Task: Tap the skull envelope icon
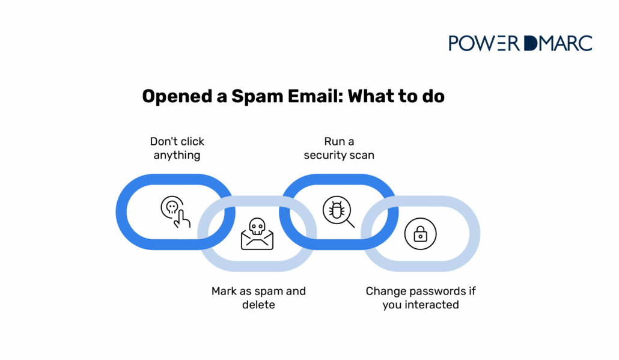tap(257, 234)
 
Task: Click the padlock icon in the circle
tap(421, 234)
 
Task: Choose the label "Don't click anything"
tap(177, 148)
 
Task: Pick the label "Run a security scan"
tap(338, 148)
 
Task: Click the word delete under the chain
tap(258, 305)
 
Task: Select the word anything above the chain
tap(177, 155)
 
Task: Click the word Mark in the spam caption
tap(224, 291)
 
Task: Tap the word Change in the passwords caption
tap(385, 291)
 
